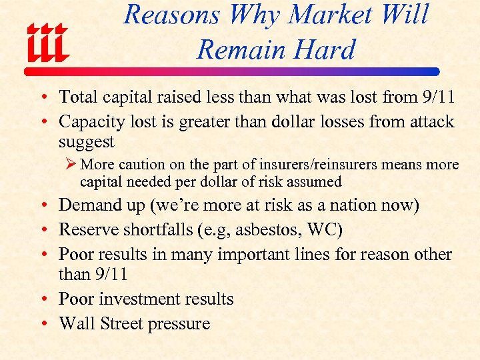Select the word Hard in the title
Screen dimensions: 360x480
(x=327, y=49)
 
